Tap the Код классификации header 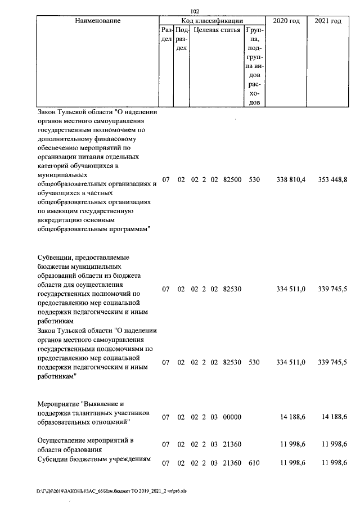pos(211,21)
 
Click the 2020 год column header pos(286,21)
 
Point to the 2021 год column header pos(328,21)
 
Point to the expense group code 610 pos(254,462)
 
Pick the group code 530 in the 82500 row pos(254,179)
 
